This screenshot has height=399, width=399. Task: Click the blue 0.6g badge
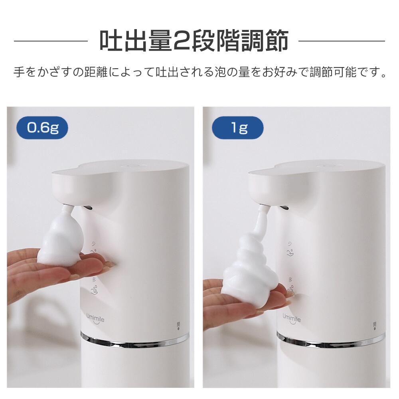pos(42,128)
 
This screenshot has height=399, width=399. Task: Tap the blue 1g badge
pos(238,128)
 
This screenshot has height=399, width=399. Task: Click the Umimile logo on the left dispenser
pos(95,318)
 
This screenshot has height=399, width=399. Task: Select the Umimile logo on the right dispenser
pos(292,318)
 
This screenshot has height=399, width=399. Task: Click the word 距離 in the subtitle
pos(96,72)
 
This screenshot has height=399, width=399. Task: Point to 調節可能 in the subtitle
pos(333,72)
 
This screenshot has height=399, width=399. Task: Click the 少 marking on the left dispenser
pos(93,244)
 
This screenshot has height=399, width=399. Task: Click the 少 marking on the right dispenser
pos(290,244)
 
